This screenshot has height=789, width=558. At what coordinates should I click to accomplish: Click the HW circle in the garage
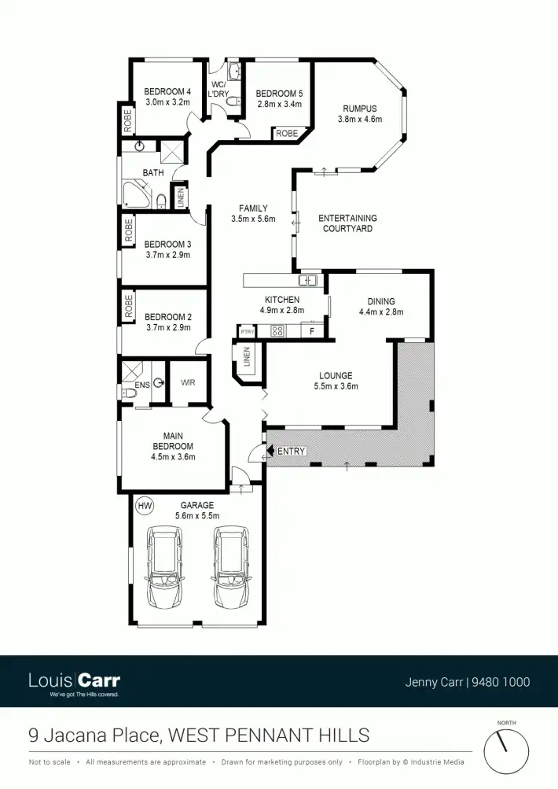click(144, 504)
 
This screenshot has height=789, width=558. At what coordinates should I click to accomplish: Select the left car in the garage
click(165, 567)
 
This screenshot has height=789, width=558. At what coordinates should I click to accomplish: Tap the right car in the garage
click(231, 567)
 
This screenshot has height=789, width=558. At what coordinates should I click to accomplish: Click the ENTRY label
click(291, 451)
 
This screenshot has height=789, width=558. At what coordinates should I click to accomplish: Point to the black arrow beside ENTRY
click(271, 451)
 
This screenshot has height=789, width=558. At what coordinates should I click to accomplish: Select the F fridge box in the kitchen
click(312, 331)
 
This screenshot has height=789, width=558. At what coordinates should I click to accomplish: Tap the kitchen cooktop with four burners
click(277, 331)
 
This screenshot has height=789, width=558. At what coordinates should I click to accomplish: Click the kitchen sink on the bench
click(307, 280)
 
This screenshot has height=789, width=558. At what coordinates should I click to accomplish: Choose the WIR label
click(188, 383)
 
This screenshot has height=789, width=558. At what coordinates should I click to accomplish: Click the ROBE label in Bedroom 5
click(287, 134)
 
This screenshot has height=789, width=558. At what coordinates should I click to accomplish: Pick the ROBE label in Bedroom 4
click(127, 121)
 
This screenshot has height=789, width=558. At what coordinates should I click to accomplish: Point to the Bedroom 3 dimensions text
click(168, 255)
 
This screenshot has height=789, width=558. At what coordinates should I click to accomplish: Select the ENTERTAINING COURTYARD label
click(347, 223)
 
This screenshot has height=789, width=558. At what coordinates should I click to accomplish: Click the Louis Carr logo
click(74, 681)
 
